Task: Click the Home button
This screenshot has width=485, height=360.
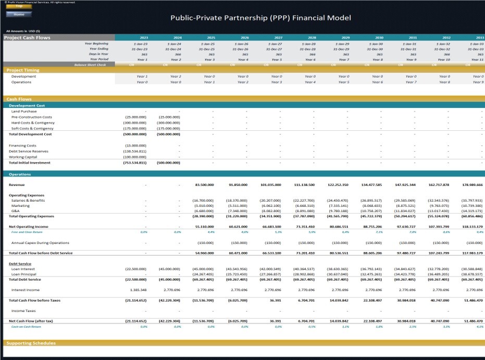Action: tap(19, 14)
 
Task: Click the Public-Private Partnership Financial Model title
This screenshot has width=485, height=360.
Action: tap(260, 18)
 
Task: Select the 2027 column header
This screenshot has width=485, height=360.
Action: tap(278, 38)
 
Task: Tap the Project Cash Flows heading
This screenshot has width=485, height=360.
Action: tap(24, 38)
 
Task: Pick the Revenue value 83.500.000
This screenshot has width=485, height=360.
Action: tap(205, 185)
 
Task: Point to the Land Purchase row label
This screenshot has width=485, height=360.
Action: tap(24, 111)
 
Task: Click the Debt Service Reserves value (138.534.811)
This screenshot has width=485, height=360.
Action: tap(135, 151)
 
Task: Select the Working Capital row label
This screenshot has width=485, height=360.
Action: tap(23, 157)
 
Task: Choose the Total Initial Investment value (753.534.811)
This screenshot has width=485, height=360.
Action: tap(135, 163)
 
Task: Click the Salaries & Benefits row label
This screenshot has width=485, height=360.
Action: tap(28, 201)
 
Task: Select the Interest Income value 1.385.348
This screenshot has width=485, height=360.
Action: tap(137, 290)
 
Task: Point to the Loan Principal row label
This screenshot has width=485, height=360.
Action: tap(24, 274)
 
